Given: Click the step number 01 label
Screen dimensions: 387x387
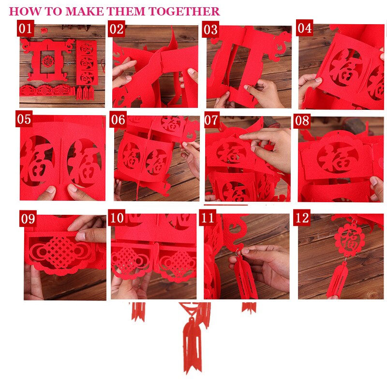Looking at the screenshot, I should pos(25,29).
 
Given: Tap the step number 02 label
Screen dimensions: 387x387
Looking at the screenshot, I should pos(117,29).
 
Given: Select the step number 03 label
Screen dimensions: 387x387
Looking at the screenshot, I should pos(210,30).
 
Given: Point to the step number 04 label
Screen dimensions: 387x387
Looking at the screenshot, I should pos(305,28).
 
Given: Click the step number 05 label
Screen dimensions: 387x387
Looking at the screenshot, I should pos(24,119).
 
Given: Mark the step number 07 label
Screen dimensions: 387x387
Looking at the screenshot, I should pos(212,120).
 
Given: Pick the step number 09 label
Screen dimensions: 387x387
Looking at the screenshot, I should pos(28,219).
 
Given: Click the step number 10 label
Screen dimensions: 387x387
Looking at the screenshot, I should pos(117,218).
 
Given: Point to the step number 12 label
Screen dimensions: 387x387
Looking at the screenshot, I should pos(302,218).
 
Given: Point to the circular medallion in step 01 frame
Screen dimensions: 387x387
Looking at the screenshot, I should pos(47,61).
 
